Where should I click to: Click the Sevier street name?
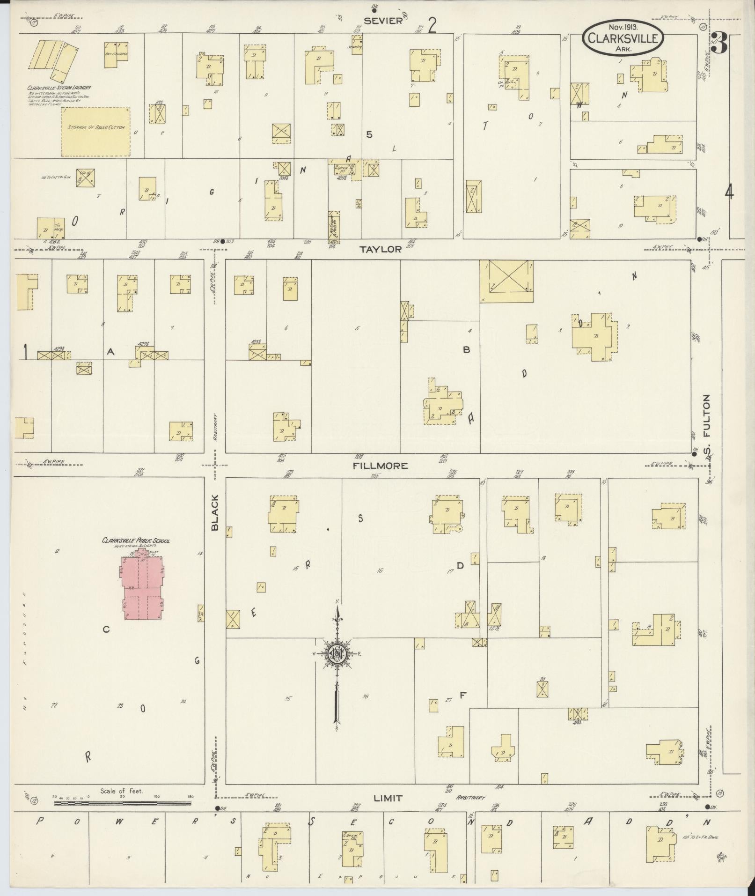[383, 21]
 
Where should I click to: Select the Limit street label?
[388, 799]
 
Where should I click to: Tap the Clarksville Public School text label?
[136, 541]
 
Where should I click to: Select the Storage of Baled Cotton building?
[96, 131]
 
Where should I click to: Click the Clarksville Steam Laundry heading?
[59, 88]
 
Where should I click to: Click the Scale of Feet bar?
[123, 803]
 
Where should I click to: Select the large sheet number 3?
[721, 44]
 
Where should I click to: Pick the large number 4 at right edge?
[729, 193]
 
